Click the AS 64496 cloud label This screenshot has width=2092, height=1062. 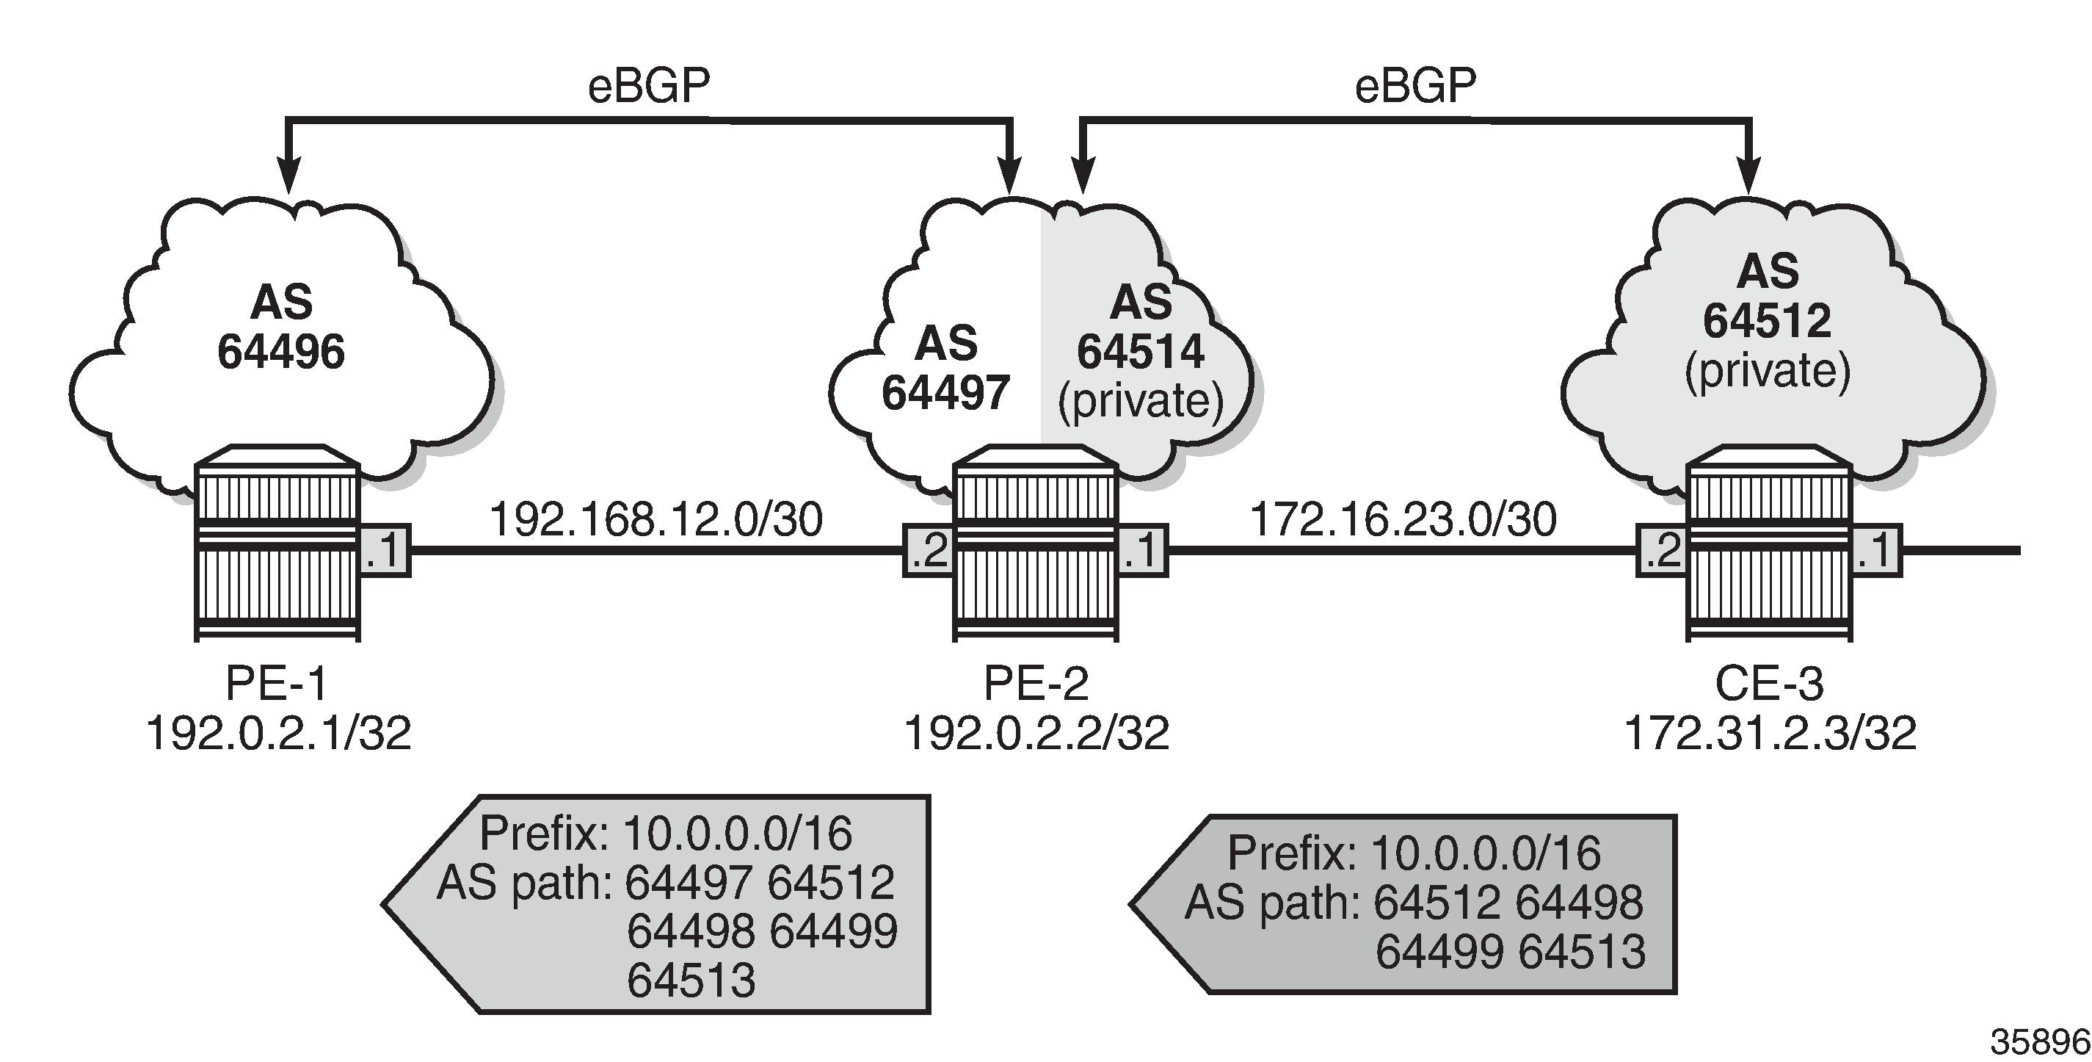(x=281, y=327)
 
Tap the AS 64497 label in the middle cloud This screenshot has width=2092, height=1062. (x=945, y=368)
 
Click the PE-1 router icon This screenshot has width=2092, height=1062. (x=277, y=543)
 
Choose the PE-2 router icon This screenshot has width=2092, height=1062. (x=1036, y=543)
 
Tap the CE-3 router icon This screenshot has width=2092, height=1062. (x=1769, y=543)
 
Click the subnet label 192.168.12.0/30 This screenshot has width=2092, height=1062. (x=656, y=519)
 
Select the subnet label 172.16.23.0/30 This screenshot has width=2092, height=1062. (x=1403, y=519)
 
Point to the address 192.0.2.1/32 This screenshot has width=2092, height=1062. (x=278, y=733)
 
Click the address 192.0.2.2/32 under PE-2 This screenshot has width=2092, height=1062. (x=1036, y=733)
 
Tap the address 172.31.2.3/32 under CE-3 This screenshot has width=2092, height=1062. (x=1770, y=733)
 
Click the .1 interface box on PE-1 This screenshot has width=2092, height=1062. (x=384, y=551)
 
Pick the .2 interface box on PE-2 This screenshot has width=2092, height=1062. (x=929, y=551)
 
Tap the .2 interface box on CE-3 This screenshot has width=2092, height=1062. (x=1662, y=551)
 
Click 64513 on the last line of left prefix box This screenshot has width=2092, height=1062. (x=691, y=980)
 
